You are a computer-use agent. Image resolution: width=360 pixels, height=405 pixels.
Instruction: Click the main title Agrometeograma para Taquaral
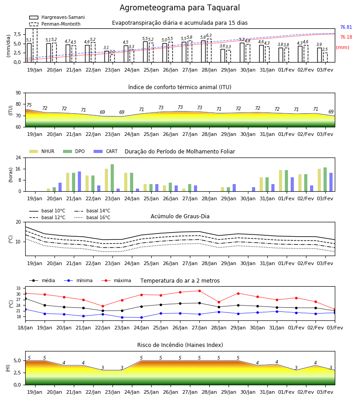[180, 8]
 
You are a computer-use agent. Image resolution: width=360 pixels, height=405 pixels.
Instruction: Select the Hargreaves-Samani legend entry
[57, 17]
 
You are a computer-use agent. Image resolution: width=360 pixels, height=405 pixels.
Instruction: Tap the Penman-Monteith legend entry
[55, 24]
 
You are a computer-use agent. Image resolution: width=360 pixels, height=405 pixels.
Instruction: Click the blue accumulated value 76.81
[346, 27]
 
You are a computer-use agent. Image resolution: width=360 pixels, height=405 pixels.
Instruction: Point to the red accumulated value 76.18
[346, 37]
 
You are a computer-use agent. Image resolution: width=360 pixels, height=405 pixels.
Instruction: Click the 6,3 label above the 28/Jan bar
[209, 36]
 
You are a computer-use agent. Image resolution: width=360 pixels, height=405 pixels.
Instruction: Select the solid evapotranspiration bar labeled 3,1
[107, 57]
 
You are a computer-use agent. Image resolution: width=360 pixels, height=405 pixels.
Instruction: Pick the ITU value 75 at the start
[29, 105]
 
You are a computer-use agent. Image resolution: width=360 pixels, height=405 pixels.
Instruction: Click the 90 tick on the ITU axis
[18, 93]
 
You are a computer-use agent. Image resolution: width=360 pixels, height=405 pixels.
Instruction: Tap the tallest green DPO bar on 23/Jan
[112, 178]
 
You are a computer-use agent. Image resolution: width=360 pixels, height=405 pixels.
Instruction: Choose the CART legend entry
[106, 151]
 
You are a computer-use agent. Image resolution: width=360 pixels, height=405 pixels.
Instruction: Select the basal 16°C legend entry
[92, 217]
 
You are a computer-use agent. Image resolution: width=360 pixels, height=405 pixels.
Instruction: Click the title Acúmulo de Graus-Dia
[180, 216]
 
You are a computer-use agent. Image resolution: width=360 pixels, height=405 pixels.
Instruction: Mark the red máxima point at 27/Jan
[200, 291]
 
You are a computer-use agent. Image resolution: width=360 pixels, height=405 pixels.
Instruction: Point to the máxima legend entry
[116, 280]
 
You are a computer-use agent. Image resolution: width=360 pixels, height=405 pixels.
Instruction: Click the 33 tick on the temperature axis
[18, 288]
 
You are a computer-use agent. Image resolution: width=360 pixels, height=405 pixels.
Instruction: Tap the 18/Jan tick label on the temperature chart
[25, 328]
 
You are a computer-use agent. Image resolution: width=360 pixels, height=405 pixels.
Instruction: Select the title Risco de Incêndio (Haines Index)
[180, 345]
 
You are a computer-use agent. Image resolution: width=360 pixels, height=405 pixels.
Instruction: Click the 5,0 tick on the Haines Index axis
[18, 361]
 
